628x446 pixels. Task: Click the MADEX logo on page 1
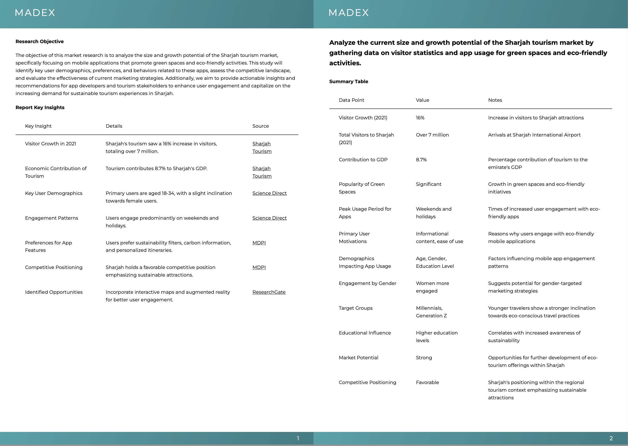click(35, 13)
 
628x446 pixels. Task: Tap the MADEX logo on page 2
click(348, 13)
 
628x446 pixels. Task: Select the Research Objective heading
click(39, 41)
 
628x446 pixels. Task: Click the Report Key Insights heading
click(40, 107)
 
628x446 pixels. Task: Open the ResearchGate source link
click(269, 292)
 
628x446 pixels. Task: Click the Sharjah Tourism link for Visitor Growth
click(262, 147)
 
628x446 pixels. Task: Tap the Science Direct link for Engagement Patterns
click(269, 218)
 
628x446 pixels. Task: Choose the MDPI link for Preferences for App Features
click(259, 243)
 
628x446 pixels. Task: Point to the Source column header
click(260, 126)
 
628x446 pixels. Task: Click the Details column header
click(114, 126)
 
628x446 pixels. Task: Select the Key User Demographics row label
click(54, 193)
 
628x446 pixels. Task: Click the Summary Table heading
click(348, 81)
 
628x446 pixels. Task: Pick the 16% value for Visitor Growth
click(420, 118)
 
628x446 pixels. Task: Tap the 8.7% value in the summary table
click(421, 160)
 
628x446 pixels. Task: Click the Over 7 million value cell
click(432, 135)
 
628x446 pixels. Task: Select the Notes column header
click(495, 100)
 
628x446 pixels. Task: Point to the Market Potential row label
click(358, 358)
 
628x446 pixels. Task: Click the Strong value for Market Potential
click(424, 358)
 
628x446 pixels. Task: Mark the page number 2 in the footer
click(611, 438)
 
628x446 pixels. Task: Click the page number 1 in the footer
click(298, 438)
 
